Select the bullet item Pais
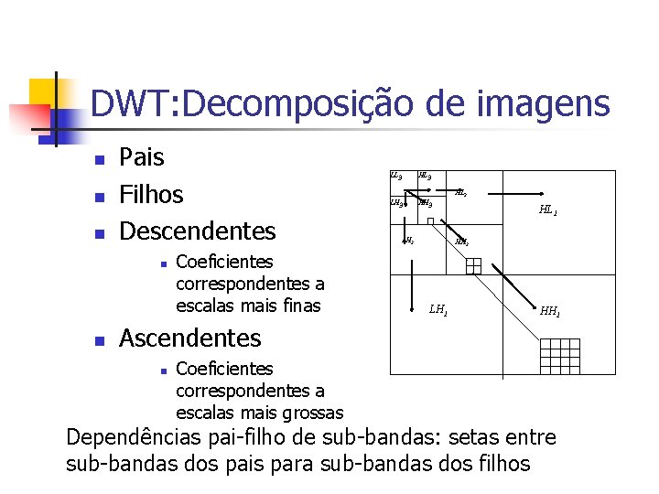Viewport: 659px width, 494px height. [142, 157]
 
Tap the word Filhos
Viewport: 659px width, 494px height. [152, 194]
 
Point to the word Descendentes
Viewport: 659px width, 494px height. [198, 230]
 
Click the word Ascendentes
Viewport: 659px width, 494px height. [190, 338]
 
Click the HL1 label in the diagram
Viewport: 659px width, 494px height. [547, 210]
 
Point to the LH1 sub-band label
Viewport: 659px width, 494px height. [438, 310]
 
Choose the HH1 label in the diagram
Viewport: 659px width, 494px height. [550, 311]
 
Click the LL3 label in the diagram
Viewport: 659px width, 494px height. [395, 175]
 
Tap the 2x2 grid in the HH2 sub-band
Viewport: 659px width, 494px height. [472, 266]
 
